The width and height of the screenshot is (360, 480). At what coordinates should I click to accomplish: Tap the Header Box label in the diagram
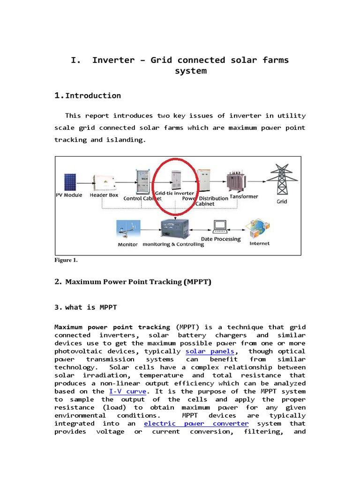(104, 195)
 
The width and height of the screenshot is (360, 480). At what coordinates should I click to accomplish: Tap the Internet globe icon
(259, 228)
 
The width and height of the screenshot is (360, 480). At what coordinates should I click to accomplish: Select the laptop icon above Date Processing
(220, 226)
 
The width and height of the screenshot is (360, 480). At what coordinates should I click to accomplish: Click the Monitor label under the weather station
(127, 245)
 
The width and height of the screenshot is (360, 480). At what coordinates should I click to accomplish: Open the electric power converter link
(196, 423)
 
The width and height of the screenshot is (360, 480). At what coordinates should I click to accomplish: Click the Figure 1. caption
(66, 260)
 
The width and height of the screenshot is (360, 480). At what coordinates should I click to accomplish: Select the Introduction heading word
(93, 96)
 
